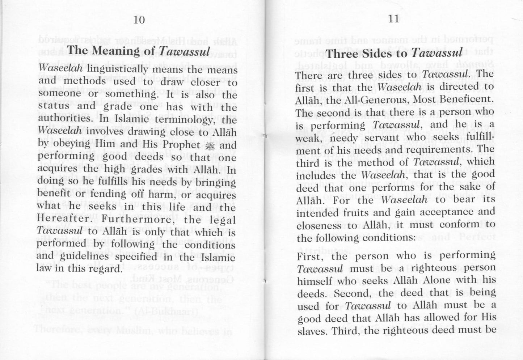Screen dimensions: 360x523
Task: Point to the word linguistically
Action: point(118,69)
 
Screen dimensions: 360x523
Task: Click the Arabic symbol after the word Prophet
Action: point(210,145)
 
